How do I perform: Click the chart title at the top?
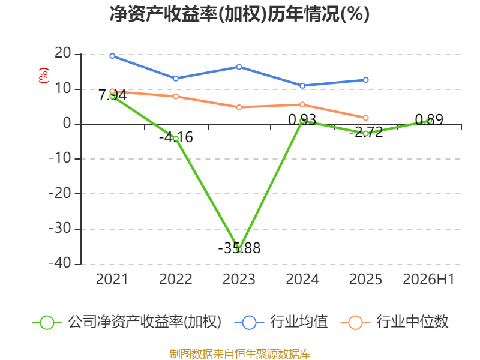pos(239,14)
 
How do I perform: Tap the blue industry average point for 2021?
pos(112,56)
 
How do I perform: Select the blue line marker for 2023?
pos(239,67)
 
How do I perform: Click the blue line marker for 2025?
pos(365,80)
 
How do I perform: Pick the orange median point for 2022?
pos(176,97)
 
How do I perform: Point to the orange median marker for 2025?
pos(365,118)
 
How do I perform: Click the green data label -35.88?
pos(239,248)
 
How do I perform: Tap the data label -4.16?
pos(176,137)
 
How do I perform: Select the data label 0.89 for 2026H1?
pos(429,119)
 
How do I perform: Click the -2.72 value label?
pos(366,132)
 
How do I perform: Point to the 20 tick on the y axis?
pos(63,53)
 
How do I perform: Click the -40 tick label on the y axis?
pos(60,263)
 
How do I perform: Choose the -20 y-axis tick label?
pos(60,193)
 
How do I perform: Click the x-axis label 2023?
pos(239,279)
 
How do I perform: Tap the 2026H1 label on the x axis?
pos(428,279)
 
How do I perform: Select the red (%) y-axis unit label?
pos(43,76)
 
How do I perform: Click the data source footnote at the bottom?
pos(240,354)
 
